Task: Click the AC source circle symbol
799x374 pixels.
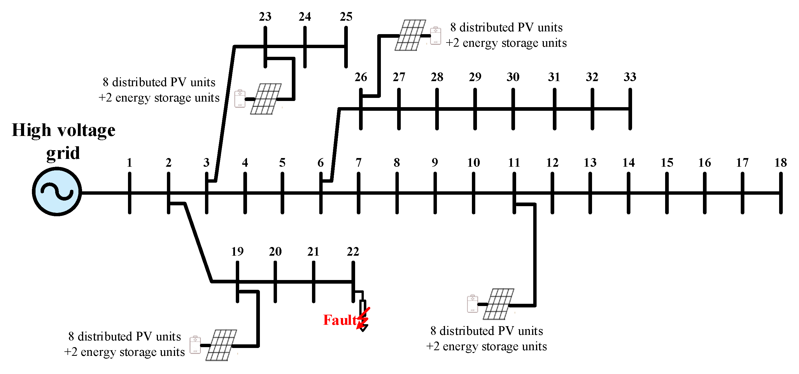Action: pyautogui.click(x=57, y=192)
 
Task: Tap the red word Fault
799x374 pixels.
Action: pyautogui.click(x=340, y=320)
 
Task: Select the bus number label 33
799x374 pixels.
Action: pyautogui.click(x=630, y=77)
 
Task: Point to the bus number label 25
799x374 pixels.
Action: pyautogui.click(x=346, y=17)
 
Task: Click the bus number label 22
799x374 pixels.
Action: pyautogui.click(x=353, y=251)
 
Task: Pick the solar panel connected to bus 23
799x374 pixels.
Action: pyautogui.click(x=266, y=99)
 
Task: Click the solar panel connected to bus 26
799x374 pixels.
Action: pyautogui.click(x=410, y=35)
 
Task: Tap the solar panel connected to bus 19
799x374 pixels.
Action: pyautogui.click(x=221, y=345)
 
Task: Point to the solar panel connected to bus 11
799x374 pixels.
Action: pyautogui.click(x=498, y=304)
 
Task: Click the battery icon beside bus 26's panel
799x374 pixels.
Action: pyautogui.click(x=435, y=36)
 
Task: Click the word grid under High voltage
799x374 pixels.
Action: pyautogui.click(x=63, y=153)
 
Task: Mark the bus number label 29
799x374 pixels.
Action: pyautogui.click(x=475, y=77)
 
